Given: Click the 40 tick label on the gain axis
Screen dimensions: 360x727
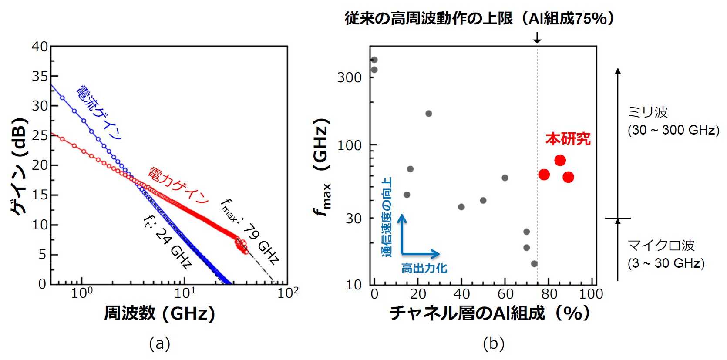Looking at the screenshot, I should pos(40,47).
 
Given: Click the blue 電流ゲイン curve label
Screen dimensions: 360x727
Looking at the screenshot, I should pos(99,113).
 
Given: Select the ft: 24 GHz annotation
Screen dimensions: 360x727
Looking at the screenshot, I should pos(168,242).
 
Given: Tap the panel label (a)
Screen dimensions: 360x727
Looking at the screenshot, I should pos(159,344).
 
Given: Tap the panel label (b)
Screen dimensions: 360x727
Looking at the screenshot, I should pos(494,344).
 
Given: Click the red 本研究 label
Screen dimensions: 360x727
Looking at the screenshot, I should pos(568,139).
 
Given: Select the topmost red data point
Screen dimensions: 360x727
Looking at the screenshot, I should pos(560,161).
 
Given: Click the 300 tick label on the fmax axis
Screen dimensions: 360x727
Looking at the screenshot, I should pos(350,77).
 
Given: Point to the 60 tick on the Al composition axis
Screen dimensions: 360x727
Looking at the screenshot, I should pos(505,294).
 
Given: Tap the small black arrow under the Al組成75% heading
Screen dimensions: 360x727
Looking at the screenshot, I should pos(537,38).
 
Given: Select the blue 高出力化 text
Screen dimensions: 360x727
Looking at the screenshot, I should pos(424,268).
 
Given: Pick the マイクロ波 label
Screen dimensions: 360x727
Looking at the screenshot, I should pos(660,246).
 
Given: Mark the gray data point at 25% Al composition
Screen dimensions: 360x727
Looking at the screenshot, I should pos(429,114).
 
